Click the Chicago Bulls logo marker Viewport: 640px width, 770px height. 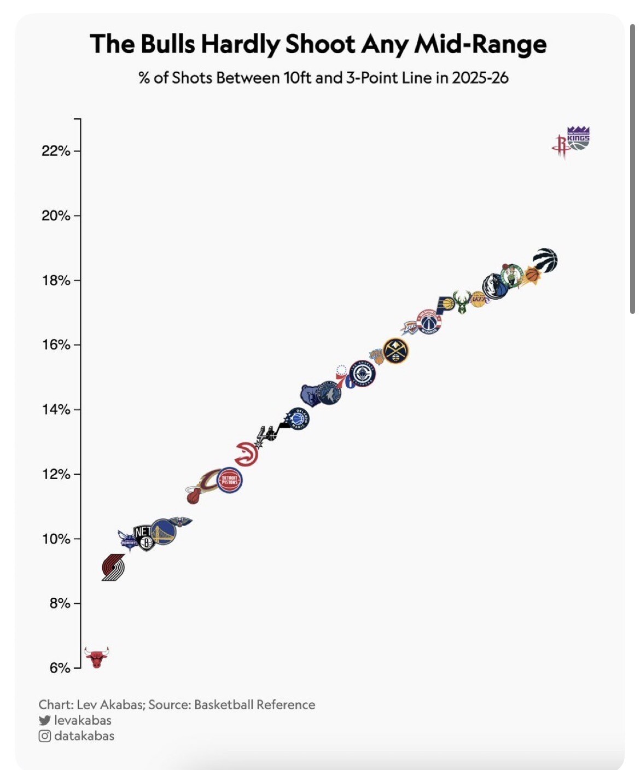[97, 657]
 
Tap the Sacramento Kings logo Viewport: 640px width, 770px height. [578, 138]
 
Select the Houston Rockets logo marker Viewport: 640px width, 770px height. [561, 146]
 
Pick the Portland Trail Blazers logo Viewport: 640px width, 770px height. [113, 567]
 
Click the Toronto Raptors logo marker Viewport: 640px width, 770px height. [545, 260]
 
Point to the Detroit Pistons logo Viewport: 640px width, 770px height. [230, 481]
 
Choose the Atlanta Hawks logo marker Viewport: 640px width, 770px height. [246, 453]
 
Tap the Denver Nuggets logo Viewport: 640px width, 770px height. [395, 351]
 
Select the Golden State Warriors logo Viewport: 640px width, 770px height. [163, 532]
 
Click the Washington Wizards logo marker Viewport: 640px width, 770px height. [429, 322]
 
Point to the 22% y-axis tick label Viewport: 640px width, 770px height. [56, 151]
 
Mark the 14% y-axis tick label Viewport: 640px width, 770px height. [56, 410]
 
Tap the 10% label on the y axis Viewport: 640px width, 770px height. [56, 539]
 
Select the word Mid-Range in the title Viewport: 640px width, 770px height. [480, 44]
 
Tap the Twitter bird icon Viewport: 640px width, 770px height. [45, 720]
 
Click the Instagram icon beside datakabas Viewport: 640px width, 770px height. [45, 736]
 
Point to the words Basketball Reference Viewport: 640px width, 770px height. [254, 704]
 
